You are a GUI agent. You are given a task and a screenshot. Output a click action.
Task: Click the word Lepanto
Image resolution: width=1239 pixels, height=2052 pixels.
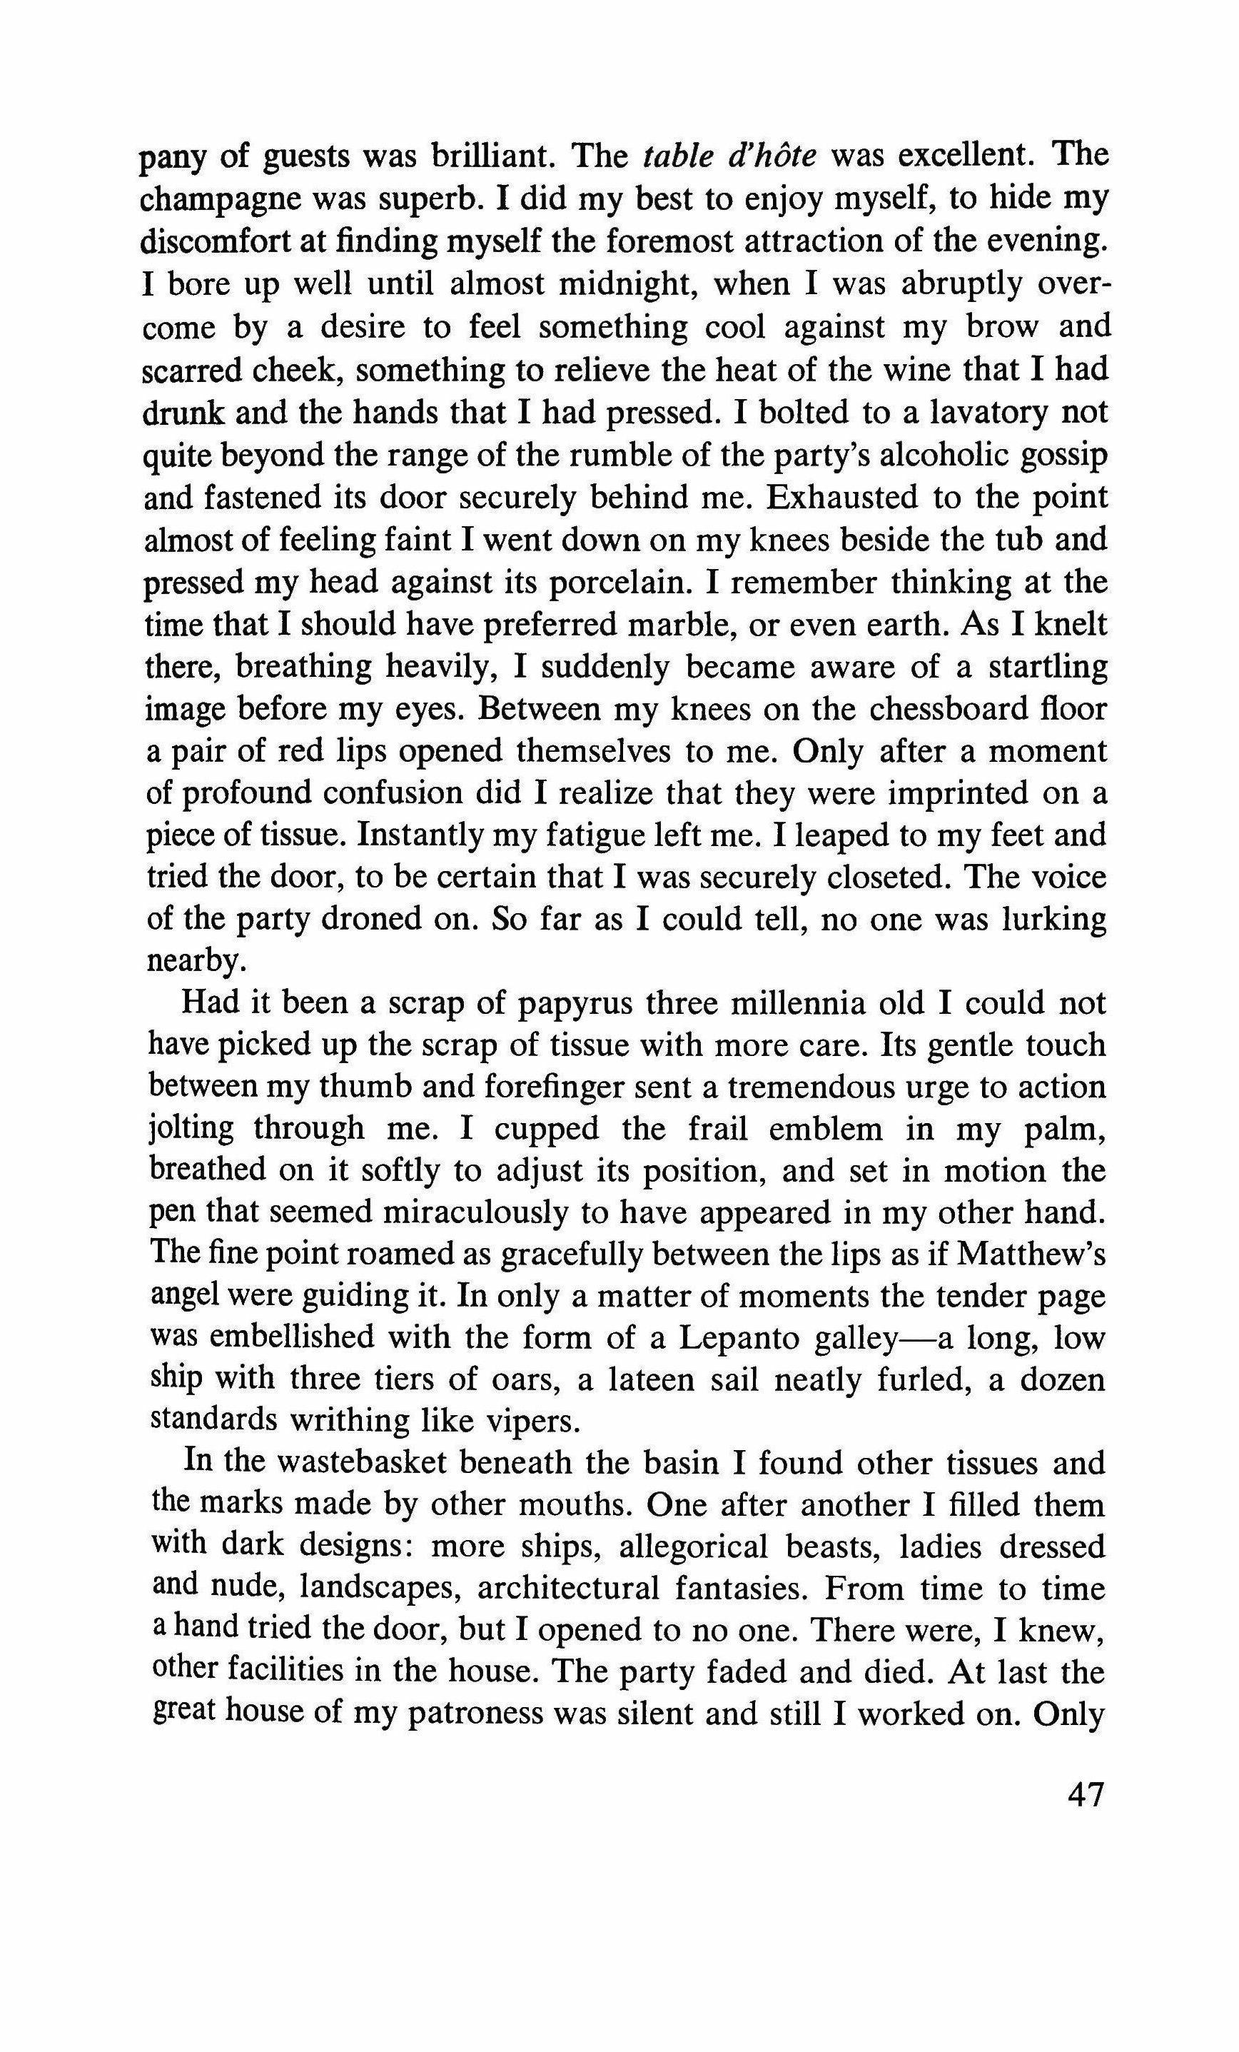click(x=740, y=1339)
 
